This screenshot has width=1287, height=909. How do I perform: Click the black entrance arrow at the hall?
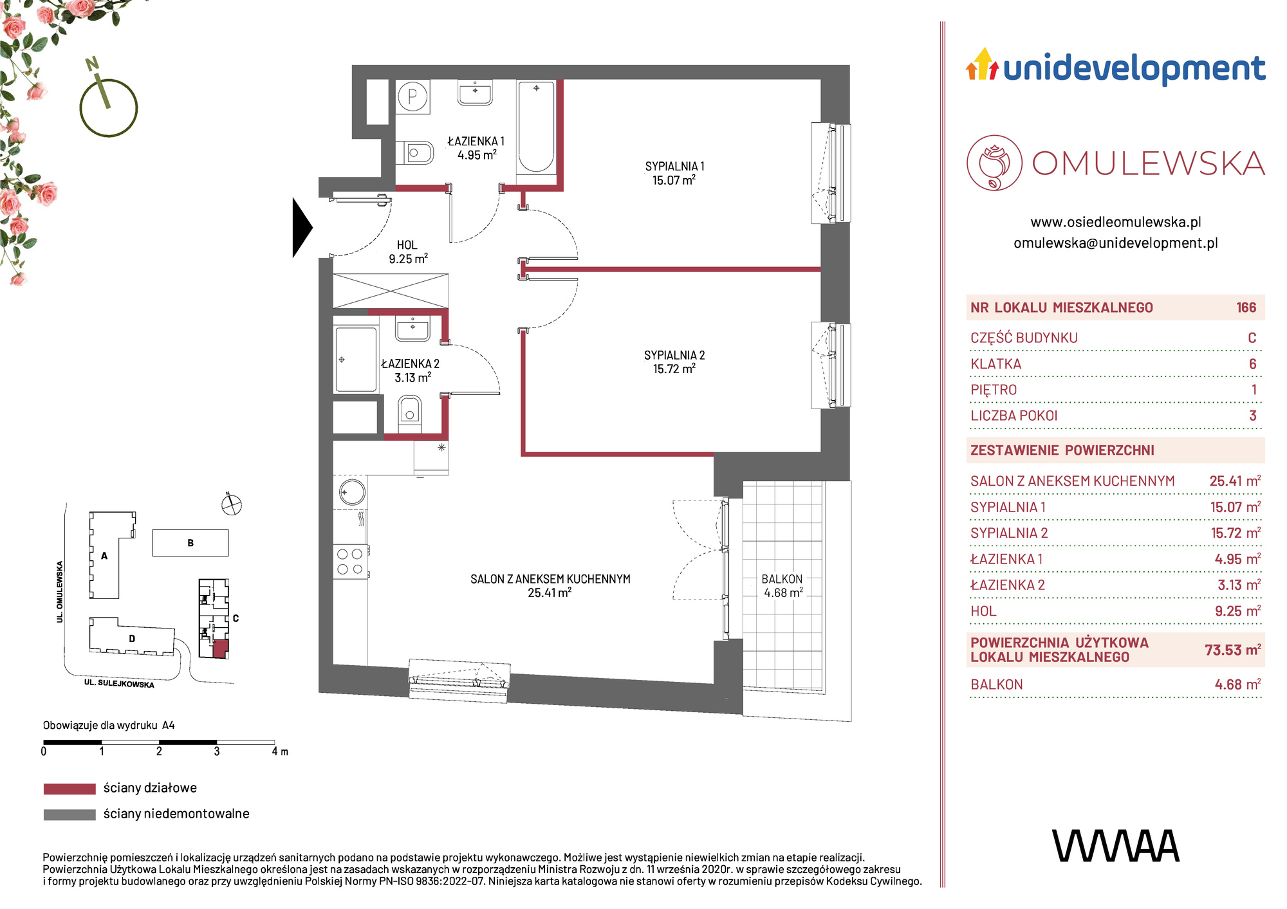(301, 228)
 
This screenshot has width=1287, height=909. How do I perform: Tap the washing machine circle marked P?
(412, 97)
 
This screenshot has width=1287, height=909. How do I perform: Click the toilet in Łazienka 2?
(409, 415)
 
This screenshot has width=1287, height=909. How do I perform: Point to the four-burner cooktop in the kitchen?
(350, 561)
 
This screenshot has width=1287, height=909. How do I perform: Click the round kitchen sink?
(351, 492)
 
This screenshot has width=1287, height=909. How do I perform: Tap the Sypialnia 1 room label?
(674, 173)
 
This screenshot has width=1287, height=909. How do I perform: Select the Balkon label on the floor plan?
(782, 586)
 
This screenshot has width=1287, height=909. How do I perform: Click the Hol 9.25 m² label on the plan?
(408, 252)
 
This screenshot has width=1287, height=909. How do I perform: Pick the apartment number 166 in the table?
(1246, 308)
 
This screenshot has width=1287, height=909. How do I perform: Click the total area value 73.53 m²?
(1232, 650)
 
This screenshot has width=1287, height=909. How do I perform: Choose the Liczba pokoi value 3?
(1252, 416)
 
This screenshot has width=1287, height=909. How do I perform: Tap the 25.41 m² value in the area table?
(1235, 481)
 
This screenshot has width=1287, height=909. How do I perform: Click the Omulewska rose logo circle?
(994, 163)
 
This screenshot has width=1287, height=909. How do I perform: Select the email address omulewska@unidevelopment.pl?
(1116, 243)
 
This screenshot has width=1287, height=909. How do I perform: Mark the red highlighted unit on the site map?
(220, 648)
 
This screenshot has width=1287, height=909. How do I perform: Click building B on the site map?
(190, 543)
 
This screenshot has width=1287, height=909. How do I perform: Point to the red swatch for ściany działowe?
(69, 789)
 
